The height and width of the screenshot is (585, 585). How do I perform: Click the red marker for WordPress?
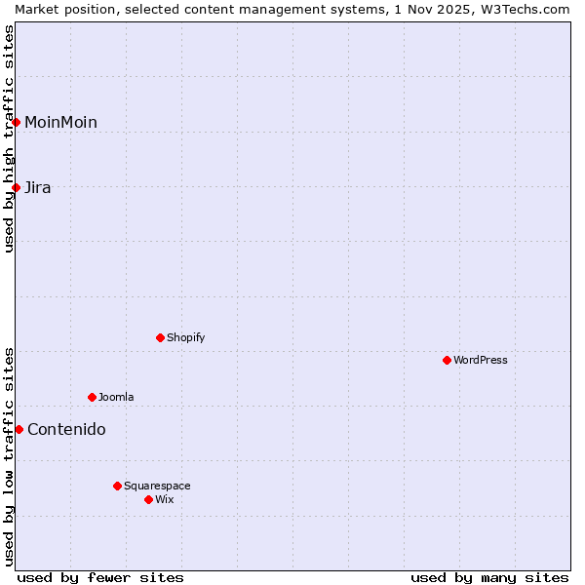pos(447,360)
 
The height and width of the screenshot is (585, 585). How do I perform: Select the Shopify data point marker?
pos(160,337)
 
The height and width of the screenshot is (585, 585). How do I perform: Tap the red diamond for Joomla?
pos(92,397)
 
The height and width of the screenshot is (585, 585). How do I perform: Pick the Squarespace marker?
pos(117,486)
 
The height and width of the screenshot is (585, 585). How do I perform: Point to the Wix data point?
pos(148,499)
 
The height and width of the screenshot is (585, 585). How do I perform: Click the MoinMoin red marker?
pos(17,122)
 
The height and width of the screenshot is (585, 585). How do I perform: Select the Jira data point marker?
pos(17,187)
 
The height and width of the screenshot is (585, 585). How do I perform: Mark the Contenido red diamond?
pos(19,429)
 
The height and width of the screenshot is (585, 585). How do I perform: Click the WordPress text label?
pos(481,360)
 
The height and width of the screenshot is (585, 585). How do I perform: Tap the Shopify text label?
pos(185,337)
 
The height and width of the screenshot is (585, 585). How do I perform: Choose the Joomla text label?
pos(116,397)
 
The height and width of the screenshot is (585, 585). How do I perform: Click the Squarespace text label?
pos(157,486)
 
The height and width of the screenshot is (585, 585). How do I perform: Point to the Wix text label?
pos(165,499)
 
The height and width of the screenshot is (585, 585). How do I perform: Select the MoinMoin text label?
pos(60,122)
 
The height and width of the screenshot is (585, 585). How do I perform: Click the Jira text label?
pos(38,187)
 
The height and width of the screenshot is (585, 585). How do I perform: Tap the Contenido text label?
pos(66,429)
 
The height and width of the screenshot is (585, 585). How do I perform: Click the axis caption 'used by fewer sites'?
pos(100,577)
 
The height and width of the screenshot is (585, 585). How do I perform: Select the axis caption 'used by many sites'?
pos(489,577)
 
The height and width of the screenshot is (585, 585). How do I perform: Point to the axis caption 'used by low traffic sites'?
pos(9,456)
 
